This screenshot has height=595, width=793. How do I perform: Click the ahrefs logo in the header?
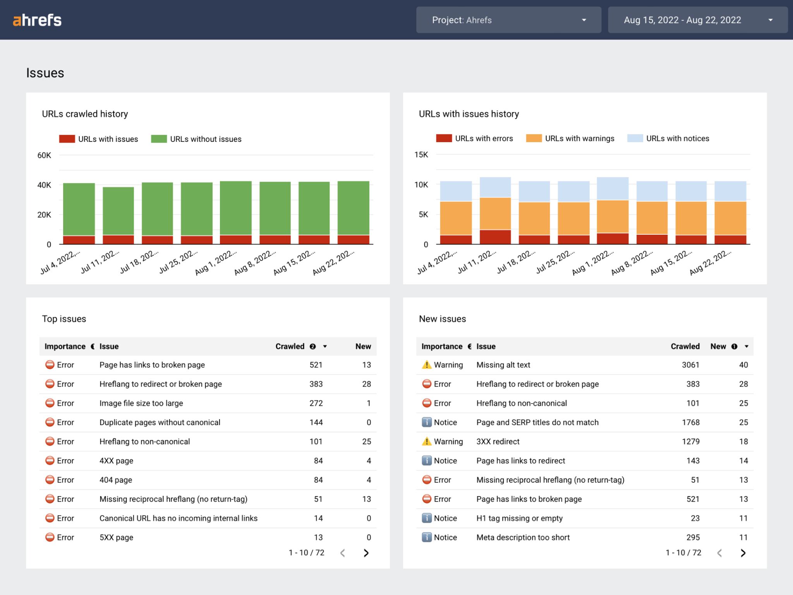coord(37,20)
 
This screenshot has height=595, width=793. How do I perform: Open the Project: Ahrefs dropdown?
coord(508,20)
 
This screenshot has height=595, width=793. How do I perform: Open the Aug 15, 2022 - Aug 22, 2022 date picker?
coord(697,20)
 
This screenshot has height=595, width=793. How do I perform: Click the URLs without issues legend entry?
coord(196,139)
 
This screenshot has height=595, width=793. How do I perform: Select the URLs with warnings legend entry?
coord(570,138)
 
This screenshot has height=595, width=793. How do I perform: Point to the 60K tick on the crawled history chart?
coord(44,155)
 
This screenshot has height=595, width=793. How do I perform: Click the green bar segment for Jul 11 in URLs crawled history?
coord(118,211)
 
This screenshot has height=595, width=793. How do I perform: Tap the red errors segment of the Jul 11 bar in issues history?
coord(495,237)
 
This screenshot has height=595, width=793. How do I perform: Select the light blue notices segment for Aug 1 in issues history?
coord(613,189)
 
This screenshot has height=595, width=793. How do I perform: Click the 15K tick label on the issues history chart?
coord(421,155)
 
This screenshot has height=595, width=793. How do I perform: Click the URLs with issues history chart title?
coord(469,114)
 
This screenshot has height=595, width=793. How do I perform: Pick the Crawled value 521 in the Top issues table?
coord(316,365)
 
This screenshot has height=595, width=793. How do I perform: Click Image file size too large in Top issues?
coord(141,403)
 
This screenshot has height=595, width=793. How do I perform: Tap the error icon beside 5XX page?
coord(50,537)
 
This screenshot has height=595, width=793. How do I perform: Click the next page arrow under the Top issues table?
coord(366,553)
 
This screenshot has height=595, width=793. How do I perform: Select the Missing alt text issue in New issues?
coord(503,365)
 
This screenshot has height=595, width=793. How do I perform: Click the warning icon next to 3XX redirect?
coord(426,442)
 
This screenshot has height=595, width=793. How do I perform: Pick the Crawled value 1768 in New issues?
coord(690,422)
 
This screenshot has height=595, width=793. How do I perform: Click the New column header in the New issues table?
coord(718,346)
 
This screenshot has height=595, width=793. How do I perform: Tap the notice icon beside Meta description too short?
coord(426,537)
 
